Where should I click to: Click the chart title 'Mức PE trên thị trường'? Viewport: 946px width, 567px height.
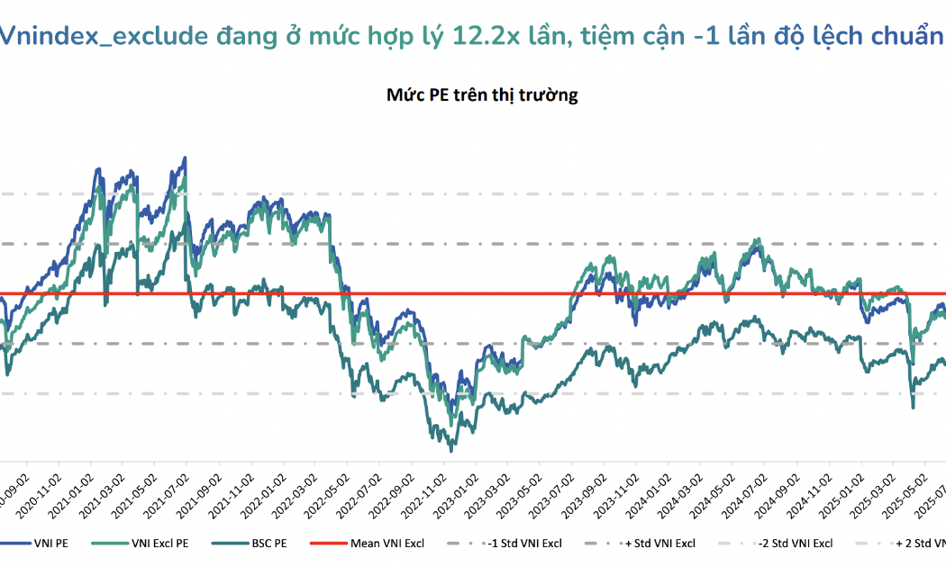pyautogui.click(x=482, y=95)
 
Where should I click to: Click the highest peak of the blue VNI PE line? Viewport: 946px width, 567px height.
pyautogui.click(x=185, y=158)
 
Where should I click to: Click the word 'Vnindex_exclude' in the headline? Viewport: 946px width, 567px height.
pyautogui.click(x=104, y=37)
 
